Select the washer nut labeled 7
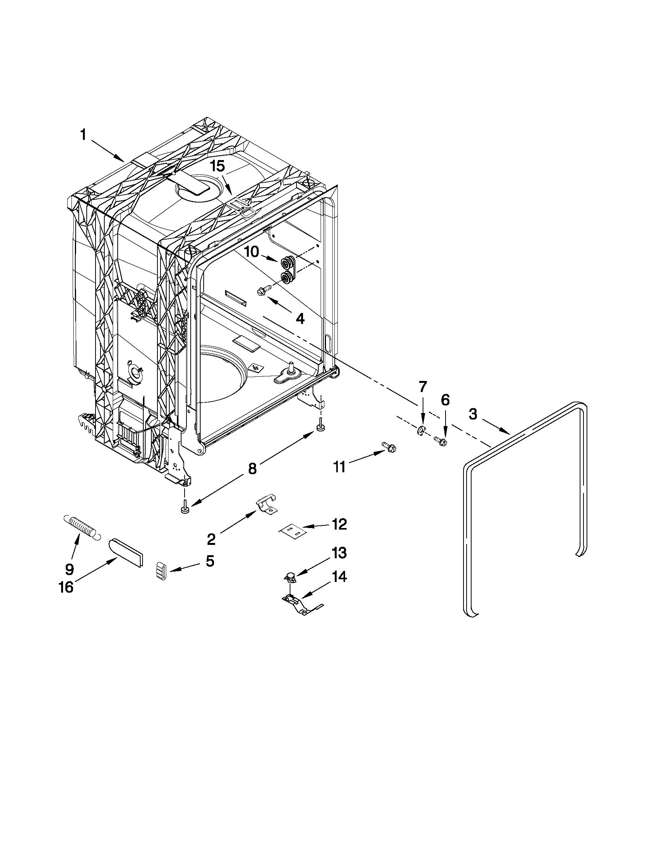421,430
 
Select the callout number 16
66,588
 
